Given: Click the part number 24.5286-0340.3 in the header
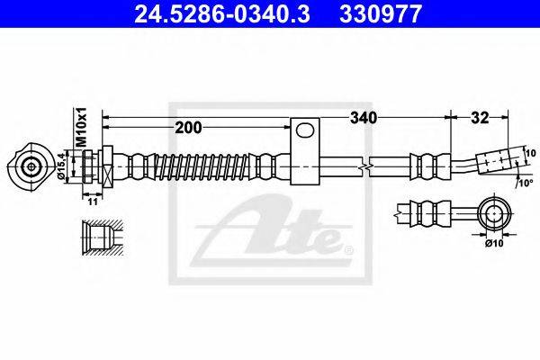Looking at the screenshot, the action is pos(222,13).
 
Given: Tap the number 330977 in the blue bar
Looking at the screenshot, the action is pos(381,13).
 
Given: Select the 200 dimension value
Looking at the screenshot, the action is pos(188,128).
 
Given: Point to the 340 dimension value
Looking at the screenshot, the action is pos(364,118).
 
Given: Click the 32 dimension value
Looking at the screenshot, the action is pos(480,118).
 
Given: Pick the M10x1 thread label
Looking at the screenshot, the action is pos(81,127).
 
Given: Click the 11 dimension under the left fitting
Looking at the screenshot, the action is pos(93,202).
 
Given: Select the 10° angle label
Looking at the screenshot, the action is pos(526,183).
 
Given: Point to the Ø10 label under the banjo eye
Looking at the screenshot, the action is pos(494,243).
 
